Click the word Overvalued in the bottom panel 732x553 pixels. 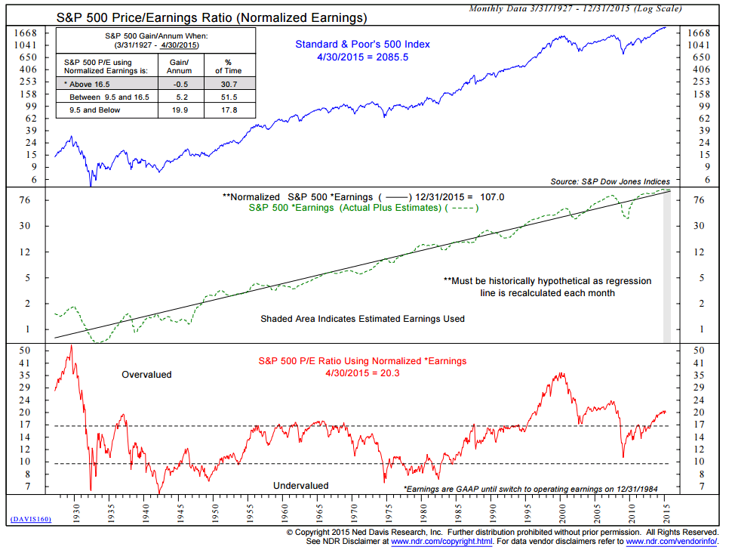point(146,375)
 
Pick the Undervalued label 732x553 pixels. point(300,486)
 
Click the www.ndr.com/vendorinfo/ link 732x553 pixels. point(670,541)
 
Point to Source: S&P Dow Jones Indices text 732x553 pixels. point(610,181)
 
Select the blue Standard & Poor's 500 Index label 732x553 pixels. point(362,44)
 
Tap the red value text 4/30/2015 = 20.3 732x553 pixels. point(362,372)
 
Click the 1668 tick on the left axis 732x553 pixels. point(27,33)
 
